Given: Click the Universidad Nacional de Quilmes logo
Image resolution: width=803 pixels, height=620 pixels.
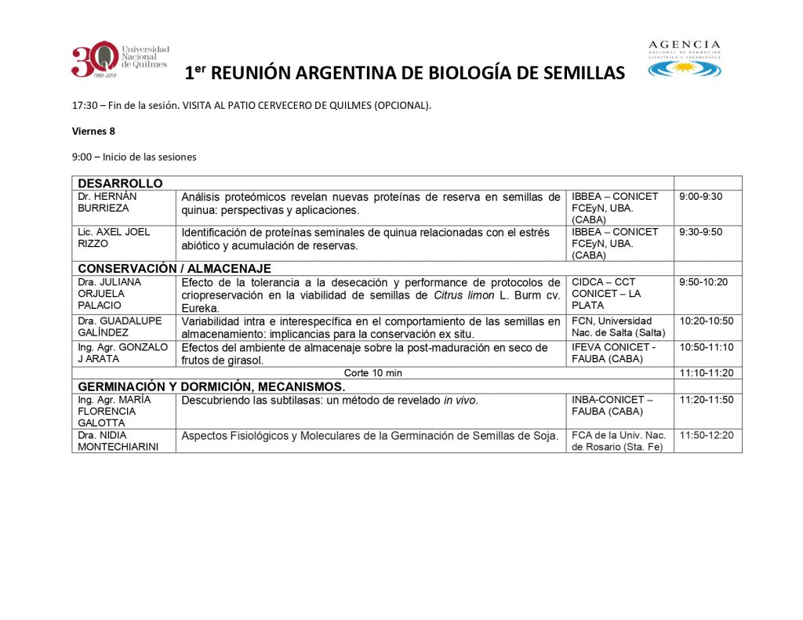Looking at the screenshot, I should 119,60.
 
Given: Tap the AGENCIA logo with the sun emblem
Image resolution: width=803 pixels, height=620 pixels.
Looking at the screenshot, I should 685,60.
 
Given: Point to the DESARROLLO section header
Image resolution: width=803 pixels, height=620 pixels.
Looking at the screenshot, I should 120,183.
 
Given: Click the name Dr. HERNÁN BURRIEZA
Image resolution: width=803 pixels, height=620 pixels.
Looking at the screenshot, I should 107,202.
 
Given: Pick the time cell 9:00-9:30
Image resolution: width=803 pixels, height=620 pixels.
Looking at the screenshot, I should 701,197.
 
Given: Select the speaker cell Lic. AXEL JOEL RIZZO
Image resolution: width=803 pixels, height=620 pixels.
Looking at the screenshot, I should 114,237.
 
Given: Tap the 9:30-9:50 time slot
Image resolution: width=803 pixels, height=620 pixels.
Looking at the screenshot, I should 701,232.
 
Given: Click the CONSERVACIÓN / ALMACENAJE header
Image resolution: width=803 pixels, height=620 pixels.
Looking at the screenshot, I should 174,268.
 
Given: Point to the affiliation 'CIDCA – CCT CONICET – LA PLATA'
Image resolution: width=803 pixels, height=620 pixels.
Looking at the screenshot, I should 606,293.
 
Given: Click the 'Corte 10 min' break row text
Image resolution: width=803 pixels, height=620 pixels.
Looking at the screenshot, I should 372,373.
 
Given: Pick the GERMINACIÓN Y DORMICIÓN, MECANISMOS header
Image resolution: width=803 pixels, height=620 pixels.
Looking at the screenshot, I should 210,386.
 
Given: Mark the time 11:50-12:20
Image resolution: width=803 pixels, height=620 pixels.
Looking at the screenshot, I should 707,435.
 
